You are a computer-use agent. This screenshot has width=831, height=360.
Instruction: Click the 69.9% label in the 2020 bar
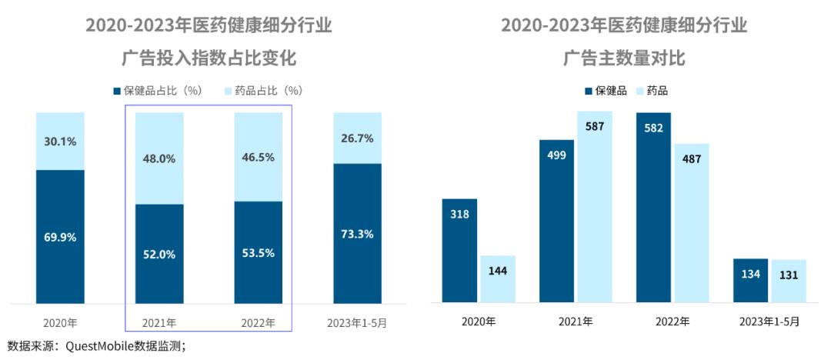60,237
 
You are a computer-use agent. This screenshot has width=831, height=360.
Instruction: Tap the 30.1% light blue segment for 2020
60,142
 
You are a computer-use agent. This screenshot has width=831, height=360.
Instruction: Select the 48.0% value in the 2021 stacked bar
159,158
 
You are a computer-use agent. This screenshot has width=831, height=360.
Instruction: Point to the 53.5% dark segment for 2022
258,252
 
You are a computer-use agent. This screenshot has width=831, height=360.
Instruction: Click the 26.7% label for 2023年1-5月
357,138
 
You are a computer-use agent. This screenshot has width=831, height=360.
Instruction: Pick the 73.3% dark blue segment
357,234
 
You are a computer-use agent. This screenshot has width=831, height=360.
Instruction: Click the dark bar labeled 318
459,250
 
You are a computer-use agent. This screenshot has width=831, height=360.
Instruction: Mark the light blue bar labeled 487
691,222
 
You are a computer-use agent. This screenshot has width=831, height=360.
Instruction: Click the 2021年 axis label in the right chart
576,322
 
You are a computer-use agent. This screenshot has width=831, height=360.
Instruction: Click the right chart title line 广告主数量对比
624,58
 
